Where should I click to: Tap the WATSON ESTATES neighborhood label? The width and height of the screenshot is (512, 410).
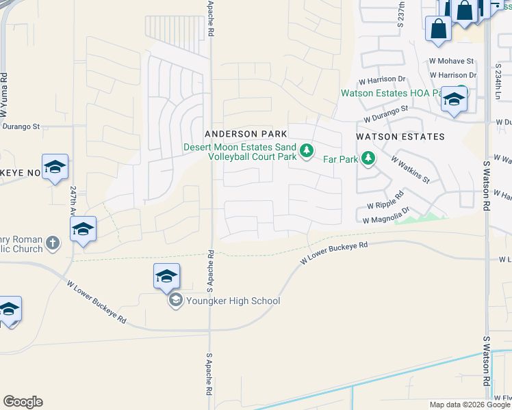(x=400, y=137)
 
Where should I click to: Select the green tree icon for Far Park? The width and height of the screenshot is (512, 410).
(x=369, y=159)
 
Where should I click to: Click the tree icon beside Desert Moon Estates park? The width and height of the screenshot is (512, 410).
(x=307, y=150)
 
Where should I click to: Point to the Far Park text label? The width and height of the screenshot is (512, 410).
(x=340, y=159)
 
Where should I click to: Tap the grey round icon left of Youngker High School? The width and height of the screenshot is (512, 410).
(x=175, y=301)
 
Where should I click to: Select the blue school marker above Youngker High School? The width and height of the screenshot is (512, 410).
(x=166, y=277)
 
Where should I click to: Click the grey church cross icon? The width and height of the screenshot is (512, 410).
(x=53, y=243)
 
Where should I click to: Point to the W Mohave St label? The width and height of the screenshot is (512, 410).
(x=452, y=61)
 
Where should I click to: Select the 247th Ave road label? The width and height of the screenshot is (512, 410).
(x=73, y=201)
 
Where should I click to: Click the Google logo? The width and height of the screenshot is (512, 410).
(x=23, y=402)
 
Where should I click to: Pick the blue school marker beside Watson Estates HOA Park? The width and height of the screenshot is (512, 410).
(x=453, y=100)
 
